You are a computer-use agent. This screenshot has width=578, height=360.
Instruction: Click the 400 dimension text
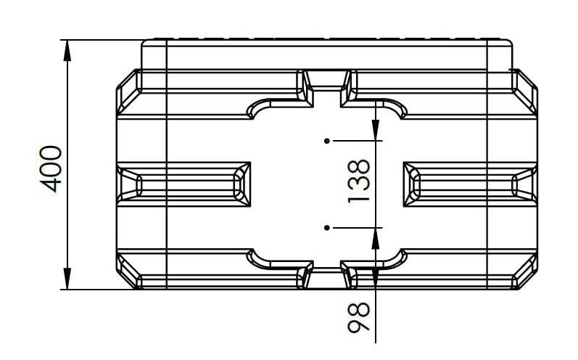[51, 169]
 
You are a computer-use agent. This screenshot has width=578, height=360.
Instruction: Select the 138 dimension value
[358, 181]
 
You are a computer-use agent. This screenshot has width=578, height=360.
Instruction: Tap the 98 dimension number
[358, 318]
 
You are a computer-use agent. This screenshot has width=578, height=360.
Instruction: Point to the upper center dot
[326, 141]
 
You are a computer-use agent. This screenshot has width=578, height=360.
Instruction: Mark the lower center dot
[326, 228]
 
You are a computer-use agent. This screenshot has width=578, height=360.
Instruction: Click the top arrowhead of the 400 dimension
[67, 50]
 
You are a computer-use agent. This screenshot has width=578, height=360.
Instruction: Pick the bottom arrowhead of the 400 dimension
[67, 279]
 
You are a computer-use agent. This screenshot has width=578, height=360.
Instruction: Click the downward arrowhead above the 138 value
[375, 130]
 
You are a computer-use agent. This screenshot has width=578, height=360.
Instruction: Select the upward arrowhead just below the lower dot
[375, 239]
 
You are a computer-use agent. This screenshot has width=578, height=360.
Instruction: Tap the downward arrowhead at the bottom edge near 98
[375, 279]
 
